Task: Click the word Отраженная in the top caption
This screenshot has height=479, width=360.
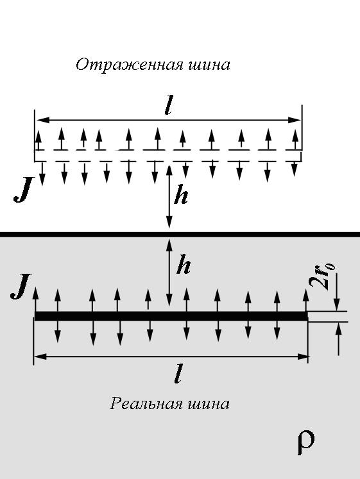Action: click(x=130, y=65)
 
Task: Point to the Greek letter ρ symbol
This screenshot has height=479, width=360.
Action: click(x=306, y=442)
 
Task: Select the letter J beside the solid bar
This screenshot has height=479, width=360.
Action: click(x=21, y=286)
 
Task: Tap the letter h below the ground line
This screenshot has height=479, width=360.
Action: click(x=184, y=264)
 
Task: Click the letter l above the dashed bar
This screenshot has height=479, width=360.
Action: click(x=168, y=105)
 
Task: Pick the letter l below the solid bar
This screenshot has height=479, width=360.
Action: click(x=178, y=374)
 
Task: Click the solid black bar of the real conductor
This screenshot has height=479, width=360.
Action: click(x=171, y=316)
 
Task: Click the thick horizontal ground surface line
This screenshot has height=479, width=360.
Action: click(x=180, y=235)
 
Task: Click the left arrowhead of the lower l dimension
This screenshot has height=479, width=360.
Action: click(x=40, y=356)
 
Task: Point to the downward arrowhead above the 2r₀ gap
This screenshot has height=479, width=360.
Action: click(x=337, y=305)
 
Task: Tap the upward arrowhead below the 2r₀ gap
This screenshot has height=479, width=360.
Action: click(x=338, y=328)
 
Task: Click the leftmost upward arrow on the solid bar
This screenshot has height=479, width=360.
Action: click(x=35, y=299)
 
